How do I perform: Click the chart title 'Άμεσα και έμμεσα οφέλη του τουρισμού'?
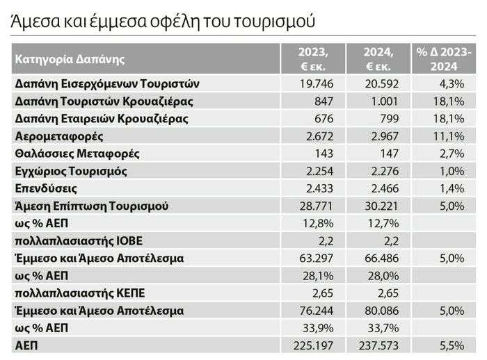click(x=163, y=21)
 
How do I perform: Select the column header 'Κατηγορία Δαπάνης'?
click(x=65, y=58)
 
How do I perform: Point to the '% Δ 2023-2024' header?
click(x=443, y=59)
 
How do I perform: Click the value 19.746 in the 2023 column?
click(x=308, y=84)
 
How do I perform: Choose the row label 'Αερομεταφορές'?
click(x=60, y=136)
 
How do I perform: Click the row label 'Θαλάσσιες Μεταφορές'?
click(x=77, y=154)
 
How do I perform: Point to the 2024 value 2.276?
click(x=378, y=171)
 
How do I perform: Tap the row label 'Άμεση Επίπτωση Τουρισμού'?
click(x=92, y=206)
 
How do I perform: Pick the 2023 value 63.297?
click(x=308, y=258)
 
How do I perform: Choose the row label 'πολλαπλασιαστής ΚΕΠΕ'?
click(x=77, y=293)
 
